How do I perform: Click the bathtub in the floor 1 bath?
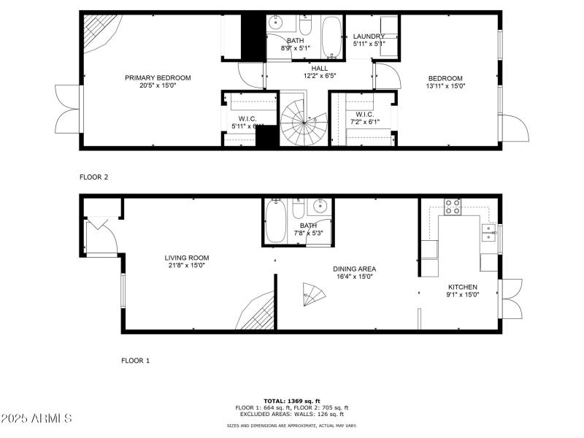[x=276, y=222]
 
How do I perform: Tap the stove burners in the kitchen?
[x=452, y=207]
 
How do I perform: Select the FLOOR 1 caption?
[x=135, y=360]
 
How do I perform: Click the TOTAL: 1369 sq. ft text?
[x=291, y=400]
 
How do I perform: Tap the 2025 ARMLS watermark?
[x=36, y=418]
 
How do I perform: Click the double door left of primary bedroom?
[x=68, y=109]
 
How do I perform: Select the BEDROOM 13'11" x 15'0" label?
[x=445, y=82]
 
